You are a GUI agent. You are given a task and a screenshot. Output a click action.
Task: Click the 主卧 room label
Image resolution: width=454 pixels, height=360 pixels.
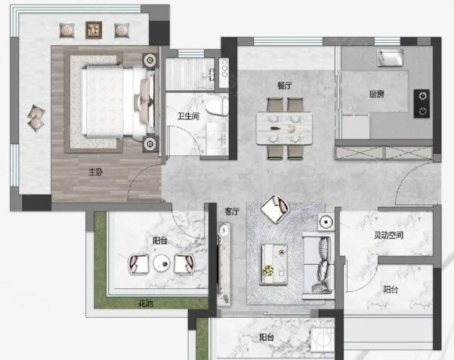tap(95, 173)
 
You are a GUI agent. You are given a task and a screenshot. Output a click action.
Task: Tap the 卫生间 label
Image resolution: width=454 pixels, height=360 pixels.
tap(189, 116)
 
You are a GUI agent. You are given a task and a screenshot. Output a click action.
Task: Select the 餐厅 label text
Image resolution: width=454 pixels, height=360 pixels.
tap(285, 85)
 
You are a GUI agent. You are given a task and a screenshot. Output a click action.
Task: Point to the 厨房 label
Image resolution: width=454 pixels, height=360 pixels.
tap(377, 94)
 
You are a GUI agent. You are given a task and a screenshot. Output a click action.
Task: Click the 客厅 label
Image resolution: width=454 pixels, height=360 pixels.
tap(232, 211)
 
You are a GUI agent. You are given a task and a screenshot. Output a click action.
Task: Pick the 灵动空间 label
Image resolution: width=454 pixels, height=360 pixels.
tap(388, 235)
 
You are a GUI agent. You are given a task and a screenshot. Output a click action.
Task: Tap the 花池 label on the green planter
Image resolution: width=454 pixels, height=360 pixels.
tap(145, 304)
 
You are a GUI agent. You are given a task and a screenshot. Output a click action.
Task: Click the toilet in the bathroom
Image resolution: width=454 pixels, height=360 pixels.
tap(217, 106)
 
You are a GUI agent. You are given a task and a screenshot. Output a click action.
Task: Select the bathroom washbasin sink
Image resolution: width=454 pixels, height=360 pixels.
tap(218, 138)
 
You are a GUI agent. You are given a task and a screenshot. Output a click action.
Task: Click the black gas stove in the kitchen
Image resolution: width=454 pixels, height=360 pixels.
tap(422, 103)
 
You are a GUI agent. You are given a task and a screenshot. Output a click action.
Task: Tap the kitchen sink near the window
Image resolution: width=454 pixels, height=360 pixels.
tap(390, 57)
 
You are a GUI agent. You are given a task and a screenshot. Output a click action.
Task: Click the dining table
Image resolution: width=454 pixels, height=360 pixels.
tap(284, 128)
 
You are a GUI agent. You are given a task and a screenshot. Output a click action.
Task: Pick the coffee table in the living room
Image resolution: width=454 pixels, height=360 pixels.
tap(273, 264)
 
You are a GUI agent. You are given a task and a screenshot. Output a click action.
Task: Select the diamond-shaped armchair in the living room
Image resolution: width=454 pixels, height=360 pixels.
tap(275, 209)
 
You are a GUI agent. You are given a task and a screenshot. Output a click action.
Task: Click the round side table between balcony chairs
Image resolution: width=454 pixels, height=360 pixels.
tap(162, 263)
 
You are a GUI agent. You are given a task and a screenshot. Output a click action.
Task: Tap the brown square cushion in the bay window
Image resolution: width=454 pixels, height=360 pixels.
tap(94, 29)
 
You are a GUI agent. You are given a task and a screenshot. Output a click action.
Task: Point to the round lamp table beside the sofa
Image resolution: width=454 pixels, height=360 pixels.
tap(326, 222)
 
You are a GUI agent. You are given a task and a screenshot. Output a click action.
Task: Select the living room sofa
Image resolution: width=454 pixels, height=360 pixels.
tap(318, 266)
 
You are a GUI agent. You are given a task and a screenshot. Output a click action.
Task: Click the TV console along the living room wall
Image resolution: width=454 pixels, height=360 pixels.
tap(224, 264)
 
